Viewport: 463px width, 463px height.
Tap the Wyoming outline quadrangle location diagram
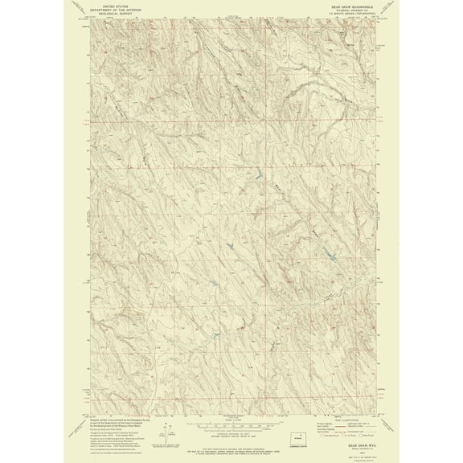click(298, 438)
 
